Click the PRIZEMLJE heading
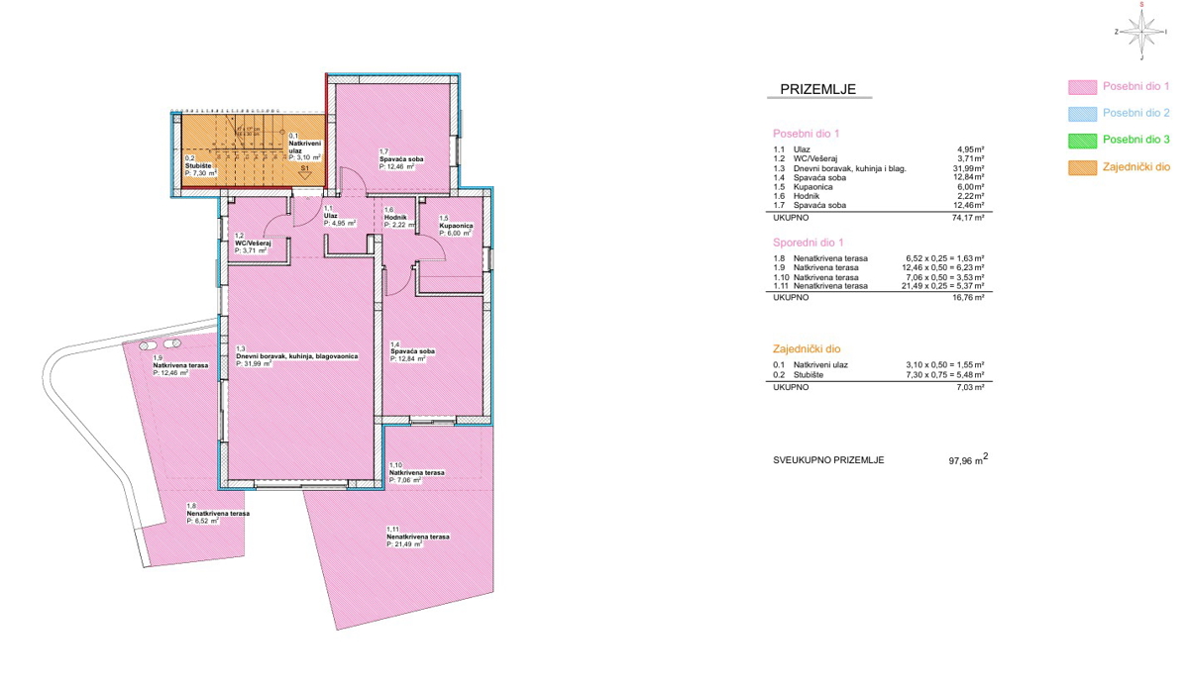[817, 89]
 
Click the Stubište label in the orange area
[199, 165]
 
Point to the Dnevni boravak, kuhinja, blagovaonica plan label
[297, 355]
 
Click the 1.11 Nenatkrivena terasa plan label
[417, 537]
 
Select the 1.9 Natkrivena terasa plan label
[180, 366]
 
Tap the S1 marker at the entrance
[306, 170]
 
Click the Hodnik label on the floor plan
[395, 218]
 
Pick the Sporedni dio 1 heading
[808, 242]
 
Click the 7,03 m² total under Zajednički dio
[969, 387]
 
